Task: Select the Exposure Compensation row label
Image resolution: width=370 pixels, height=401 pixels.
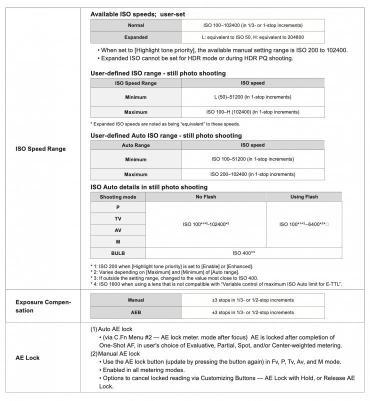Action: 43,306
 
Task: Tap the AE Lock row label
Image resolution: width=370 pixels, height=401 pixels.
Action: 27,357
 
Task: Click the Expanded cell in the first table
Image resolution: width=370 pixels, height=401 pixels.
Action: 135,37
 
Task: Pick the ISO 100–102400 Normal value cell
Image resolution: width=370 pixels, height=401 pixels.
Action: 252,25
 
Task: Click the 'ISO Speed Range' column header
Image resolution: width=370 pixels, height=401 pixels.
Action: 135,83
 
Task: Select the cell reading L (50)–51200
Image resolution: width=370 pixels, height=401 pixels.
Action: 252,97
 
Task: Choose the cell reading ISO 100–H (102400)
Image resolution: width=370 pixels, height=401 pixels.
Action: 252,112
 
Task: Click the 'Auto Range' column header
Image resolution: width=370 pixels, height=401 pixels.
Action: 135,145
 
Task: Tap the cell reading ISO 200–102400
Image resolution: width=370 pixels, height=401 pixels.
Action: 252,174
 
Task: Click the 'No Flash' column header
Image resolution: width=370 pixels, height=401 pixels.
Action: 205,197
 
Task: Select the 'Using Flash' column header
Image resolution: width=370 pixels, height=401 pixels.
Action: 304,197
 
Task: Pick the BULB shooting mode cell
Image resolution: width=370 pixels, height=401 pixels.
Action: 117,253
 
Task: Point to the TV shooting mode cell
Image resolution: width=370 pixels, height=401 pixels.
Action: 117,218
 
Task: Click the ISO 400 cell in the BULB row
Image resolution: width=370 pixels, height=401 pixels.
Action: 243,253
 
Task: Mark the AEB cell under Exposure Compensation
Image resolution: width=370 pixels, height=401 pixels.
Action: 135,312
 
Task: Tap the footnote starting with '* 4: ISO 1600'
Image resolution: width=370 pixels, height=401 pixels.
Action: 216,284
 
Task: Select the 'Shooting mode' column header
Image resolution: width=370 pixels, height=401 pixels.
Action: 117,197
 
